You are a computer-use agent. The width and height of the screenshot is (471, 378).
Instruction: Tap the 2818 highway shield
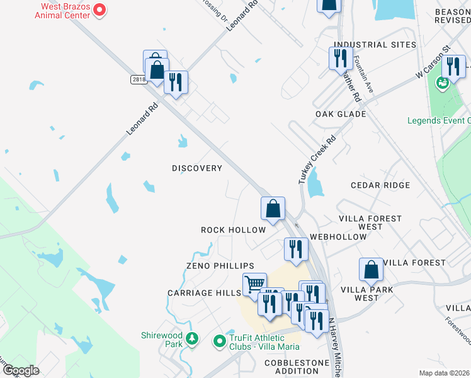coord(139,79)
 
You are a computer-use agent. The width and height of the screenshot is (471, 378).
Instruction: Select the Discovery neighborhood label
coord(197,168)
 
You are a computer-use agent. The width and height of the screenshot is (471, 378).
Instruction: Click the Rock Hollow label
coord(234,230)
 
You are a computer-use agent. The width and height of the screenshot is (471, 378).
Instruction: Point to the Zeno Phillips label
coord(220,266)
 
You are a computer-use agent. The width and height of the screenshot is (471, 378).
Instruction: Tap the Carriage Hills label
coord(205,293)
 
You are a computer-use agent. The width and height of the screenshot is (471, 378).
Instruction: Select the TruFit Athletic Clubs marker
coord(220,341)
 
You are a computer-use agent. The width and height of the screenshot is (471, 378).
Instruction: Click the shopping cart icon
coord(254,284)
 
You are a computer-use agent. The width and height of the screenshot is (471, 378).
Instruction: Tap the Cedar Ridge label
coord(380,185)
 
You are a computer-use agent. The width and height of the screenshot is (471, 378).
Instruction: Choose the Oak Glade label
coord(341,114)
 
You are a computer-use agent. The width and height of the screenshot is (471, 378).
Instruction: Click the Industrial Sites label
coord(375,45)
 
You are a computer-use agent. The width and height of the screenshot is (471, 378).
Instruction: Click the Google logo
coord(20,370)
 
